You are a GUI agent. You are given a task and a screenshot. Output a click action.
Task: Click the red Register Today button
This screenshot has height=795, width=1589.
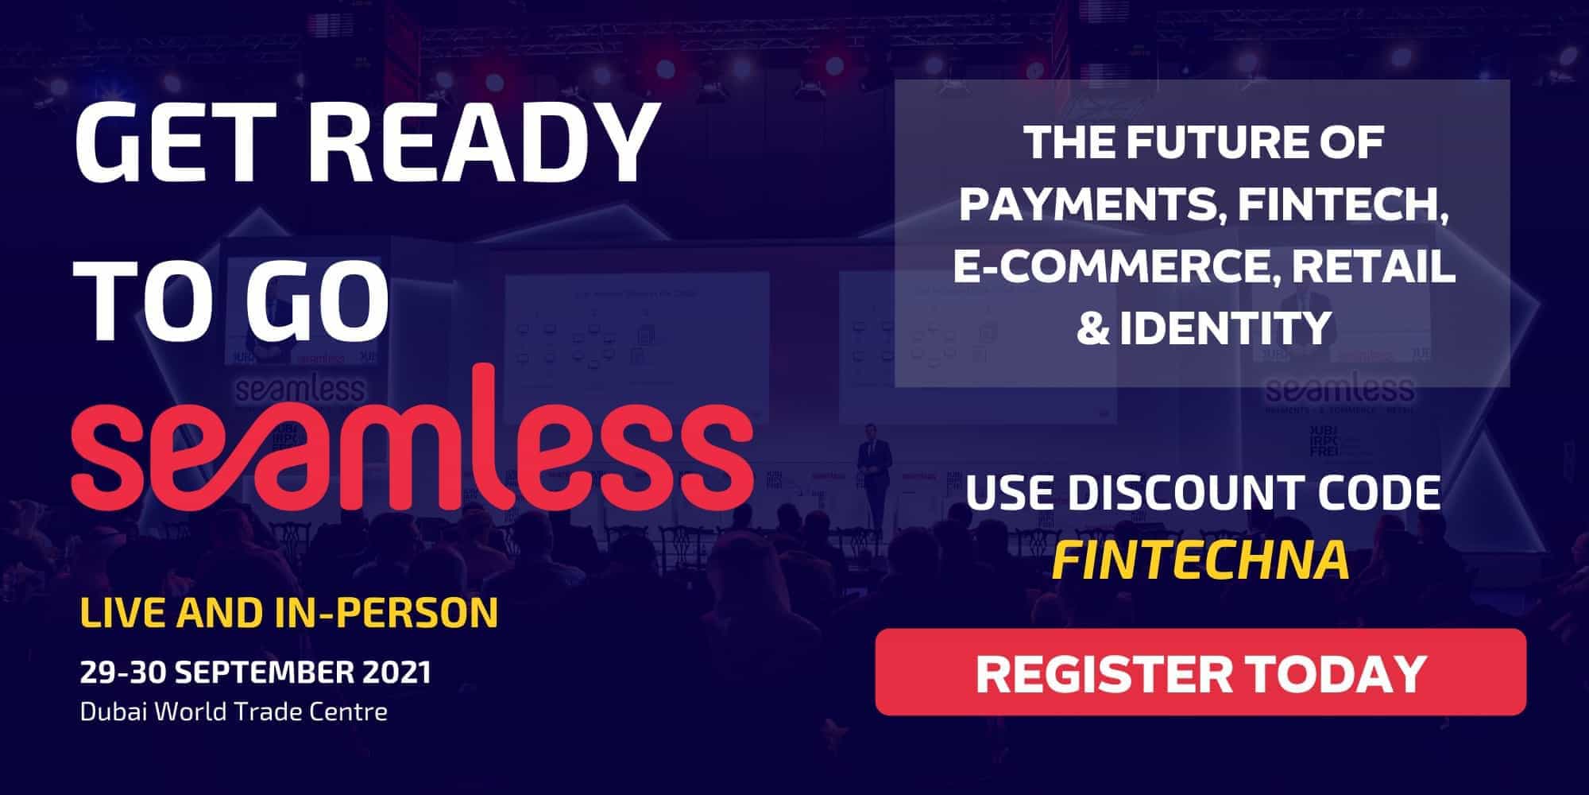1200,672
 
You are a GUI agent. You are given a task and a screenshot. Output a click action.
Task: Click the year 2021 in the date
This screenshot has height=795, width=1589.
396,672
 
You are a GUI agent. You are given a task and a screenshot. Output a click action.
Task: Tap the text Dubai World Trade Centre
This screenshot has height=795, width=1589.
234,711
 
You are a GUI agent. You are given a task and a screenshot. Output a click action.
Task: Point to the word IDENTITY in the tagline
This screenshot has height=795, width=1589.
1228,328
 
